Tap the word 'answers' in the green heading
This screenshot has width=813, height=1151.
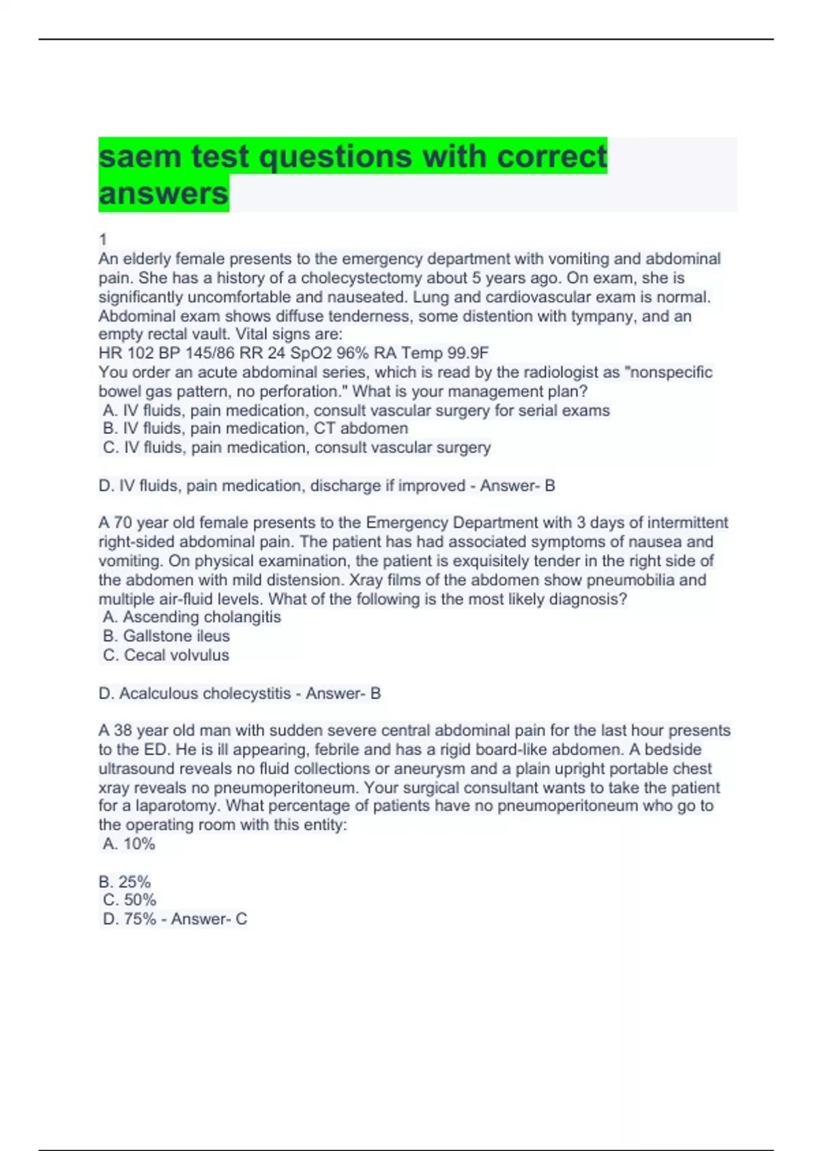coord(163,194)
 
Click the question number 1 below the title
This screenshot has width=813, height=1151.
coord(103,239)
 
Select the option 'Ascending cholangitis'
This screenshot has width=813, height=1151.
coord(192,617)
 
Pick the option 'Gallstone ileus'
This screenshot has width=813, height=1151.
coord(166,636)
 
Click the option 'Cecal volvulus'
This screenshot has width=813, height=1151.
coord(166,655)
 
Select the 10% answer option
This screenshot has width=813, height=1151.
coord(129,844)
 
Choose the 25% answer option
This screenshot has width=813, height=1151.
coord(125,882)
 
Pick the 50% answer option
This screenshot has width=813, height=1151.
coord(130,900)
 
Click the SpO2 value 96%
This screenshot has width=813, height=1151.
coord(352,353)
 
